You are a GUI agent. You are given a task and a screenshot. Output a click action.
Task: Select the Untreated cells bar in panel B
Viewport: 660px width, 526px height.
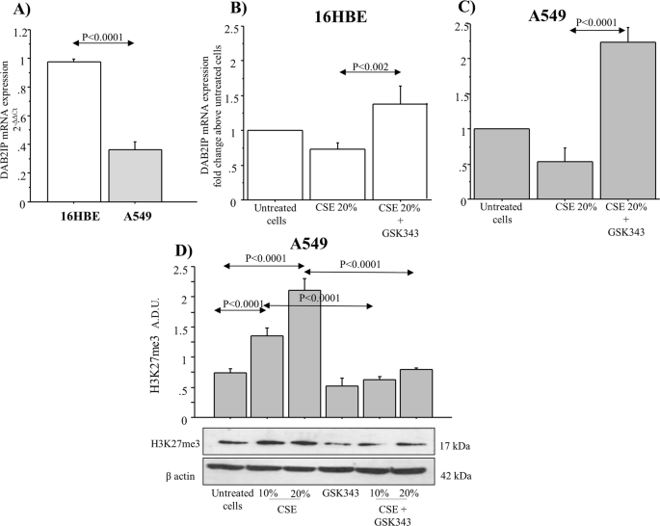point(274,166)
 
